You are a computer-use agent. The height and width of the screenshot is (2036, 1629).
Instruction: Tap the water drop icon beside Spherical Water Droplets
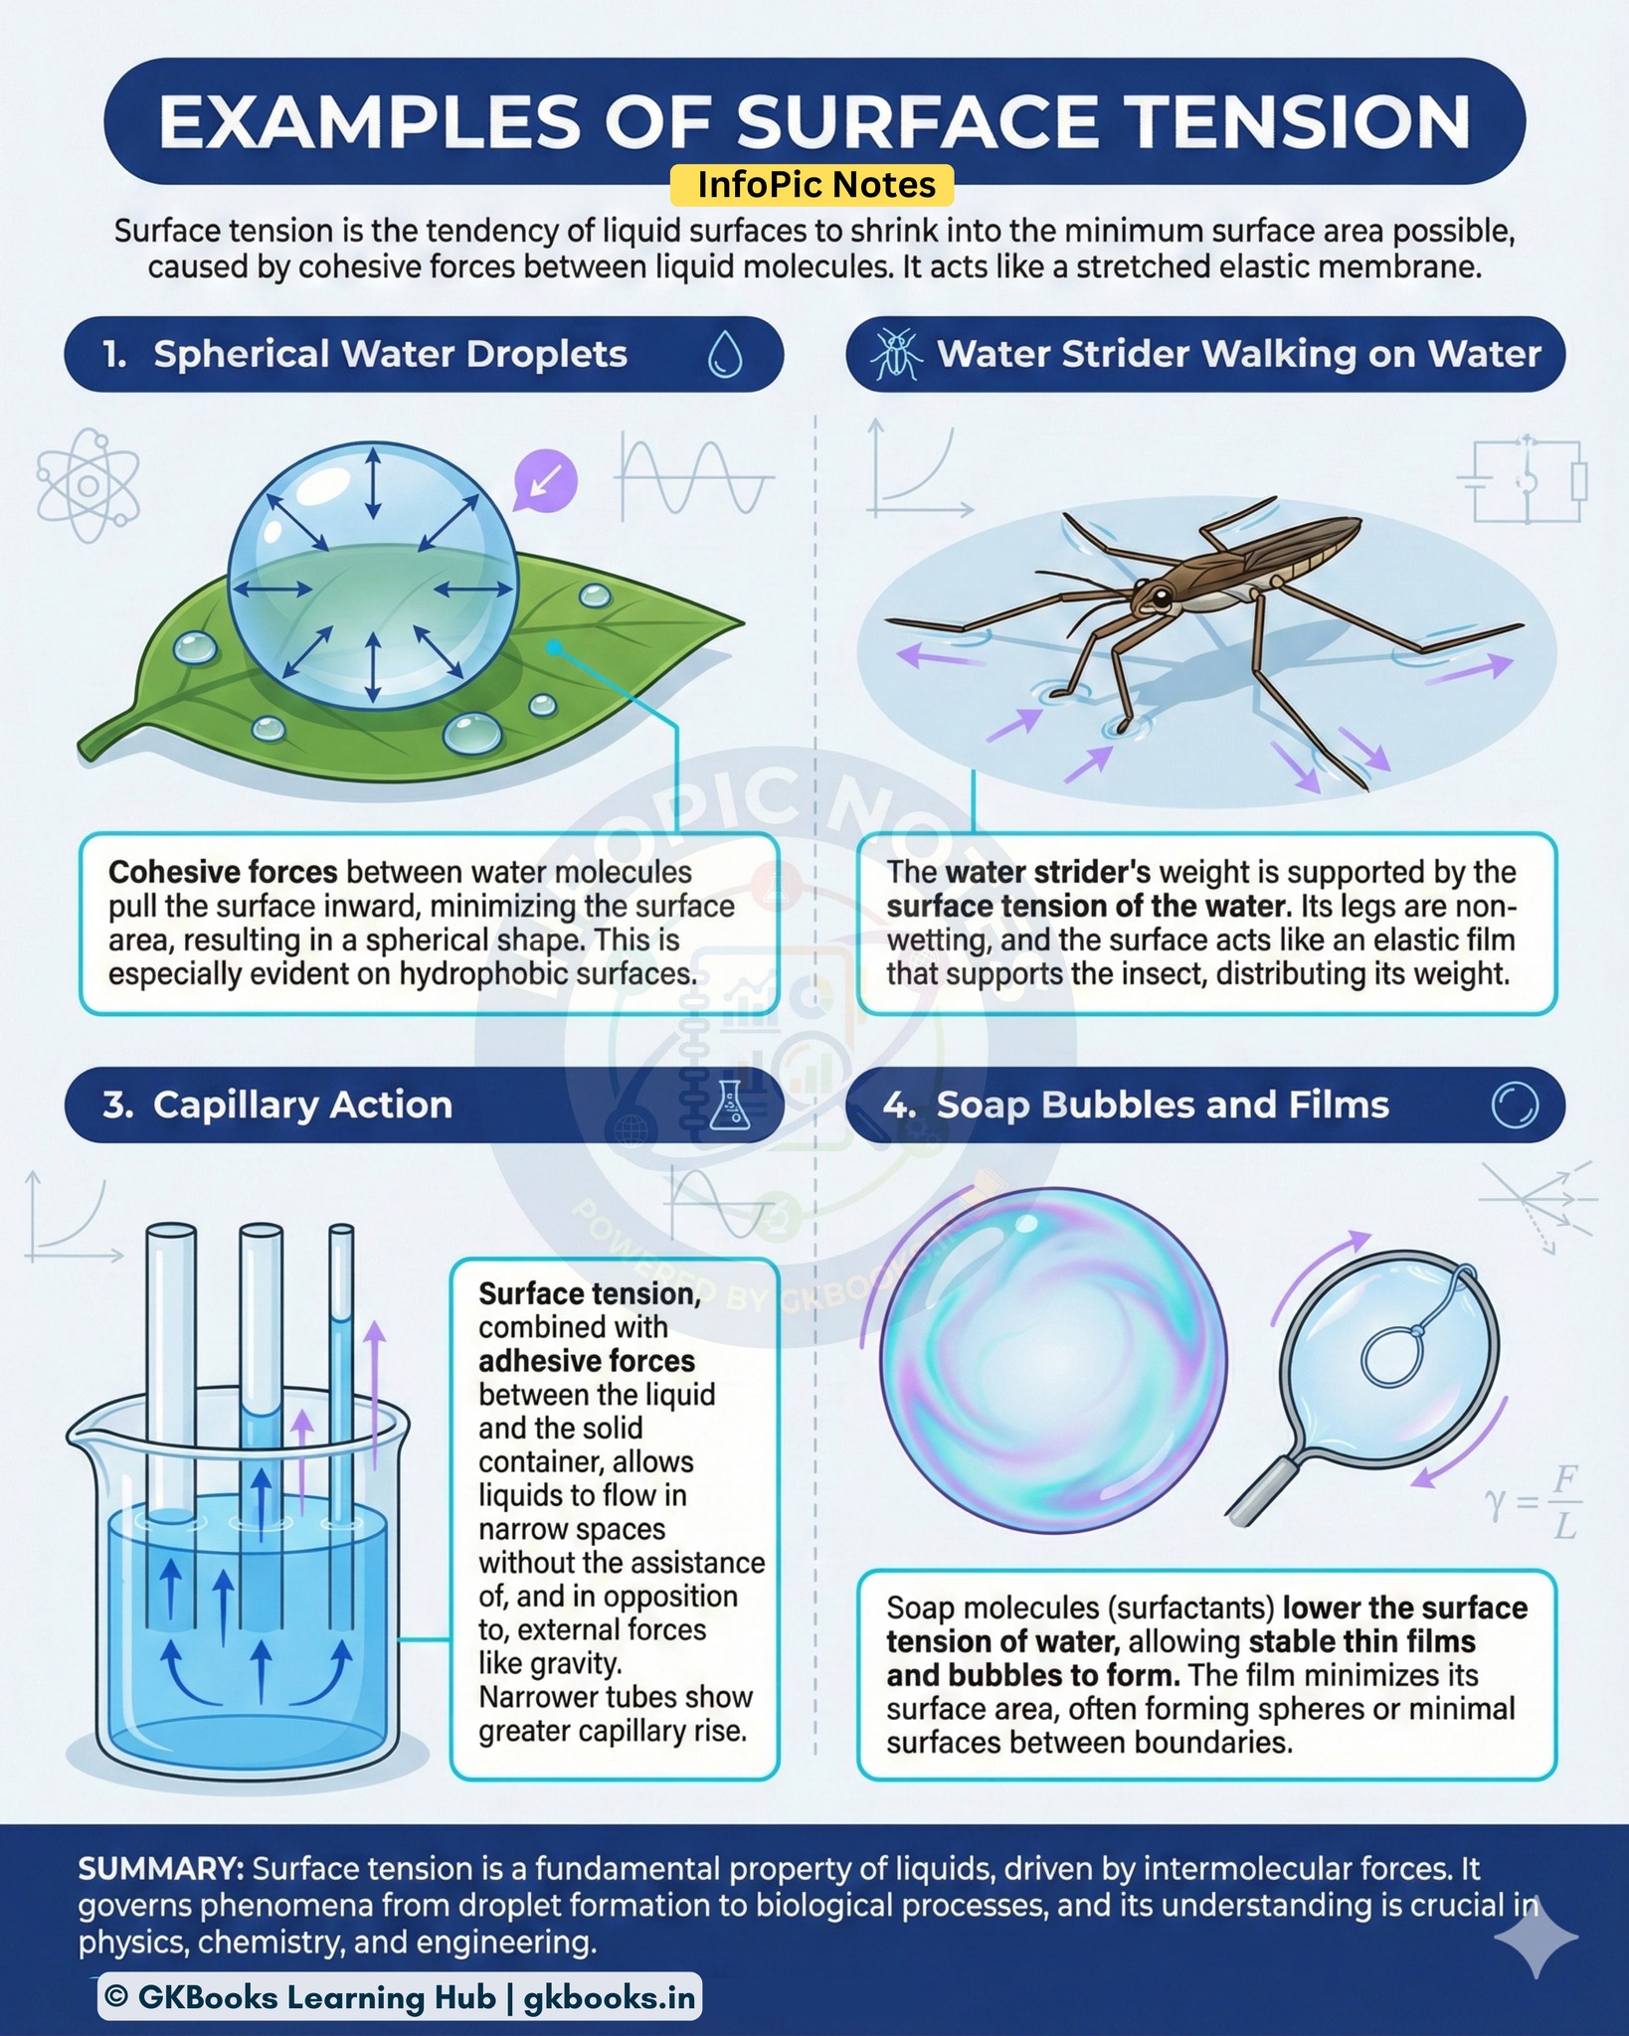[x=725, y=354]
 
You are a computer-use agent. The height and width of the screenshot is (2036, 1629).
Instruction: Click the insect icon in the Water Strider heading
[x=896, y=354]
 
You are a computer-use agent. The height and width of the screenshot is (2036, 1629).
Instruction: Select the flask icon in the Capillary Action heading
[x=730, y=1104]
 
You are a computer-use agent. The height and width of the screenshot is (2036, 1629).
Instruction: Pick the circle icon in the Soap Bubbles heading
[x=1515, y=1104]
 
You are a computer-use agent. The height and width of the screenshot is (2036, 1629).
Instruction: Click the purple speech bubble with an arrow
[x=544, y=481]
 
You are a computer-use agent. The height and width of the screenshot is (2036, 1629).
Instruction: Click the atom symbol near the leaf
[x=88, y=485]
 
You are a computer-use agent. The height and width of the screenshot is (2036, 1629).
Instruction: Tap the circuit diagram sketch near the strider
[x=1522, y=480]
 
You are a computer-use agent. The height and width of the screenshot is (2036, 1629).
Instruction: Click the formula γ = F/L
[x=1535, y=1503]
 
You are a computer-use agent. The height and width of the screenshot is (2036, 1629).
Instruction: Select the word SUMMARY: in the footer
[x=161, y=1869]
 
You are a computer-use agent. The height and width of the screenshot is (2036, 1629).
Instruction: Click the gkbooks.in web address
[x=609, y=1997]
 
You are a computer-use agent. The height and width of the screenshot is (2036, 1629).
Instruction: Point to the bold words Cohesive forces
[x=223, y=872]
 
